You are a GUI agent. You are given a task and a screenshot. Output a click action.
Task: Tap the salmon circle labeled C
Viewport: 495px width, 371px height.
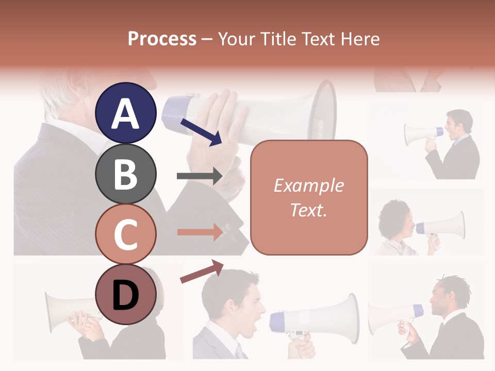coord(125,234)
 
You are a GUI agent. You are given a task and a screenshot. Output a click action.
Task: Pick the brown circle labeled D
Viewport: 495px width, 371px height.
coord(125,294)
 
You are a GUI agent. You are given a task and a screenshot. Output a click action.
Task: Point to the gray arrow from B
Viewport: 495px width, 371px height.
coord(200,176)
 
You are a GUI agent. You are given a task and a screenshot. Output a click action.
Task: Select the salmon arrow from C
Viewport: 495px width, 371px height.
coord(200,231)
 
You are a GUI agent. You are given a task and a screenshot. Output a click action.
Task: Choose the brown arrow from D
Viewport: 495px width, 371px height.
coord(202,272)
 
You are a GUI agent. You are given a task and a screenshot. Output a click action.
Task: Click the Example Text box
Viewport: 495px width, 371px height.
coord(309,197)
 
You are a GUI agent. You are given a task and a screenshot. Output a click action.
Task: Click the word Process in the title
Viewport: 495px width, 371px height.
coord(162,39)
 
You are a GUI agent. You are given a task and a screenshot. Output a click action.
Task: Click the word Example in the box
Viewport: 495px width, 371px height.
coord(309,185)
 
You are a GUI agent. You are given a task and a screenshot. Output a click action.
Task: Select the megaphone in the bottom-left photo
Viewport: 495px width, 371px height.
coord(62,311)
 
